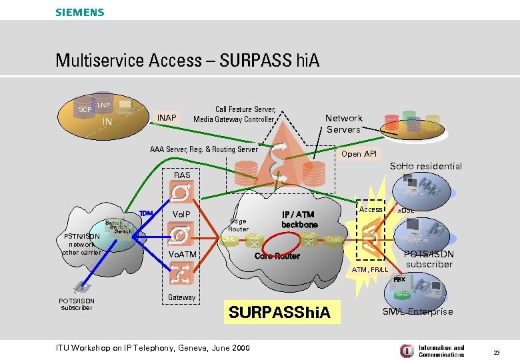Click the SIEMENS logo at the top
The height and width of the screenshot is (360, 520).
click(79, 12)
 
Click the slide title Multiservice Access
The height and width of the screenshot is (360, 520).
click(187, 61)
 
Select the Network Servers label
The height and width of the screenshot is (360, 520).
click(343, 123)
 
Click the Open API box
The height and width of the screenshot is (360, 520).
click(359, 154)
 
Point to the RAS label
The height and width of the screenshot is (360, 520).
click(182, 175)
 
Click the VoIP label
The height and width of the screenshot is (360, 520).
click(182, 214)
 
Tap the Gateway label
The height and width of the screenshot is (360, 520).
click(182, 297)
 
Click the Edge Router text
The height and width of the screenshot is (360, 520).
click(238, 225)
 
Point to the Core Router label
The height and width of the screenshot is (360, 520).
click(277, 256)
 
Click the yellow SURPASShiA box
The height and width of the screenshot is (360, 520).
click(279, 312)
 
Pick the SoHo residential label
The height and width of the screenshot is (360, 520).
click(425, 166)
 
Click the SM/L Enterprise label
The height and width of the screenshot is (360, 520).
click(417, 311)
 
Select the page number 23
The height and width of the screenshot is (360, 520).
click(495, 351)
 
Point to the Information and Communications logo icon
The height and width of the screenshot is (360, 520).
click(406, 350)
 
